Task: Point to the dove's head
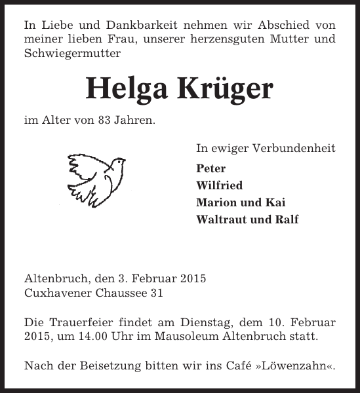(x=117, y=161)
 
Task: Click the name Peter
(x=210, y=168)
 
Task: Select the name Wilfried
(x=219, y=185)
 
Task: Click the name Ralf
(x=286, y=219)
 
